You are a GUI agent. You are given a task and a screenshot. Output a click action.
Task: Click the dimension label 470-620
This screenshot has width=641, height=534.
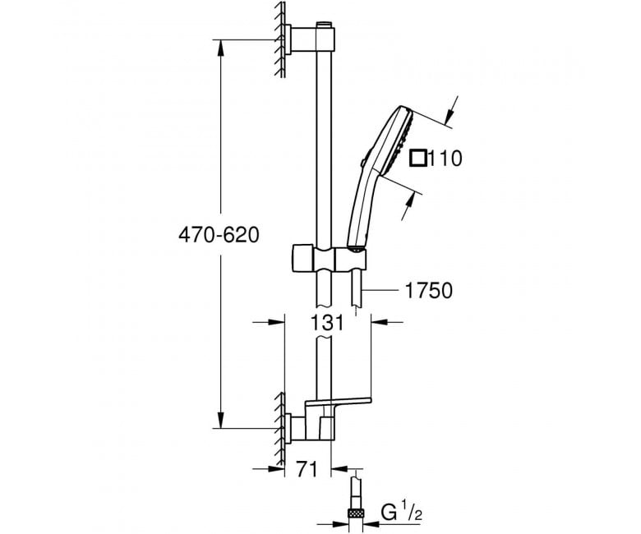(x=219, y=235)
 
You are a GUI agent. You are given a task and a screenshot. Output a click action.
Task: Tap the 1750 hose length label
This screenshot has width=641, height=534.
(x=428, y=291)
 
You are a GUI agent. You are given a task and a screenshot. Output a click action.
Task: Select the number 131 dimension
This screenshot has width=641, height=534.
(x=327, y=323)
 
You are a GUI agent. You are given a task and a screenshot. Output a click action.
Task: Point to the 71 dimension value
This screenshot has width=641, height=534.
(x=307, y=470)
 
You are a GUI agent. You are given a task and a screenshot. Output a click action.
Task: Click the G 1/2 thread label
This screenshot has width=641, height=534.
(x=401, y=513)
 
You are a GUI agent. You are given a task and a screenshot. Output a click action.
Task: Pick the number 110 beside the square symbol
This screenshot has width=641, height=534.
(x=445, y=158)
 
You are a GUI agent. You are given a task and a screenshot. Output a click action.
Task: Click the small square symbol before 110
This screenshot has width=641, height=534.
(x=418, y=158)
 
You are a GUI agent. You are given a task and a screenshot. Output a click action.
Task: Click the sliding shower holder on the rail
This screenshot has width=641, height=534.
(x=329, y=258)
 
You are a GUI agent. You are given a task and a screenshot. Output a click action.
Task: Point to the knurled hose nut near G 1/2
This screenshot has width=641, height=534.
(x=356, y=513)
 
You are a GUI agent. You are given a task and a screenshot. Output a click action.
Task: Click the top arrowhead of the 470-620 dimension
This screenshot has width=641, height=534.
(x=221, y=48)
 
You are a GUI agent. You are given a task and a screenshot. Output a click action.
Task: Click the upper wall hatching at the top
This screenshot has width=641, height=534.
(x=280, y=39)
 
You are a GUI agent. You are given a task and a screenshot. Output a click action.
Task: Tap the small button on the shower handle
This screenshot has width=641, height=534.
(x=363, y=163)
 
